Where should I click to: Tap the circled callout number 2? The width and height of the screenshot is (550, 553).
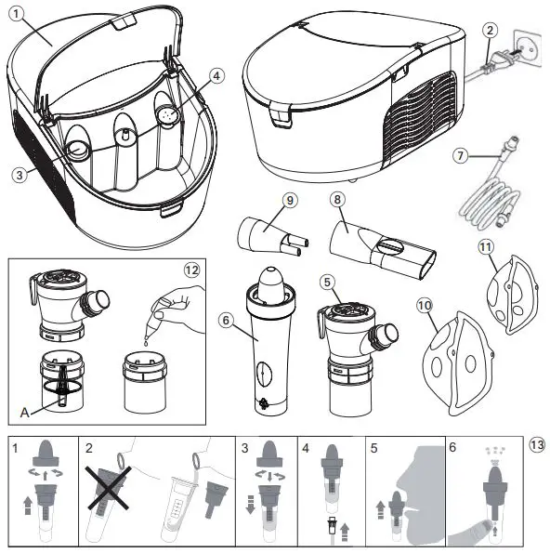(490, 30)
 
